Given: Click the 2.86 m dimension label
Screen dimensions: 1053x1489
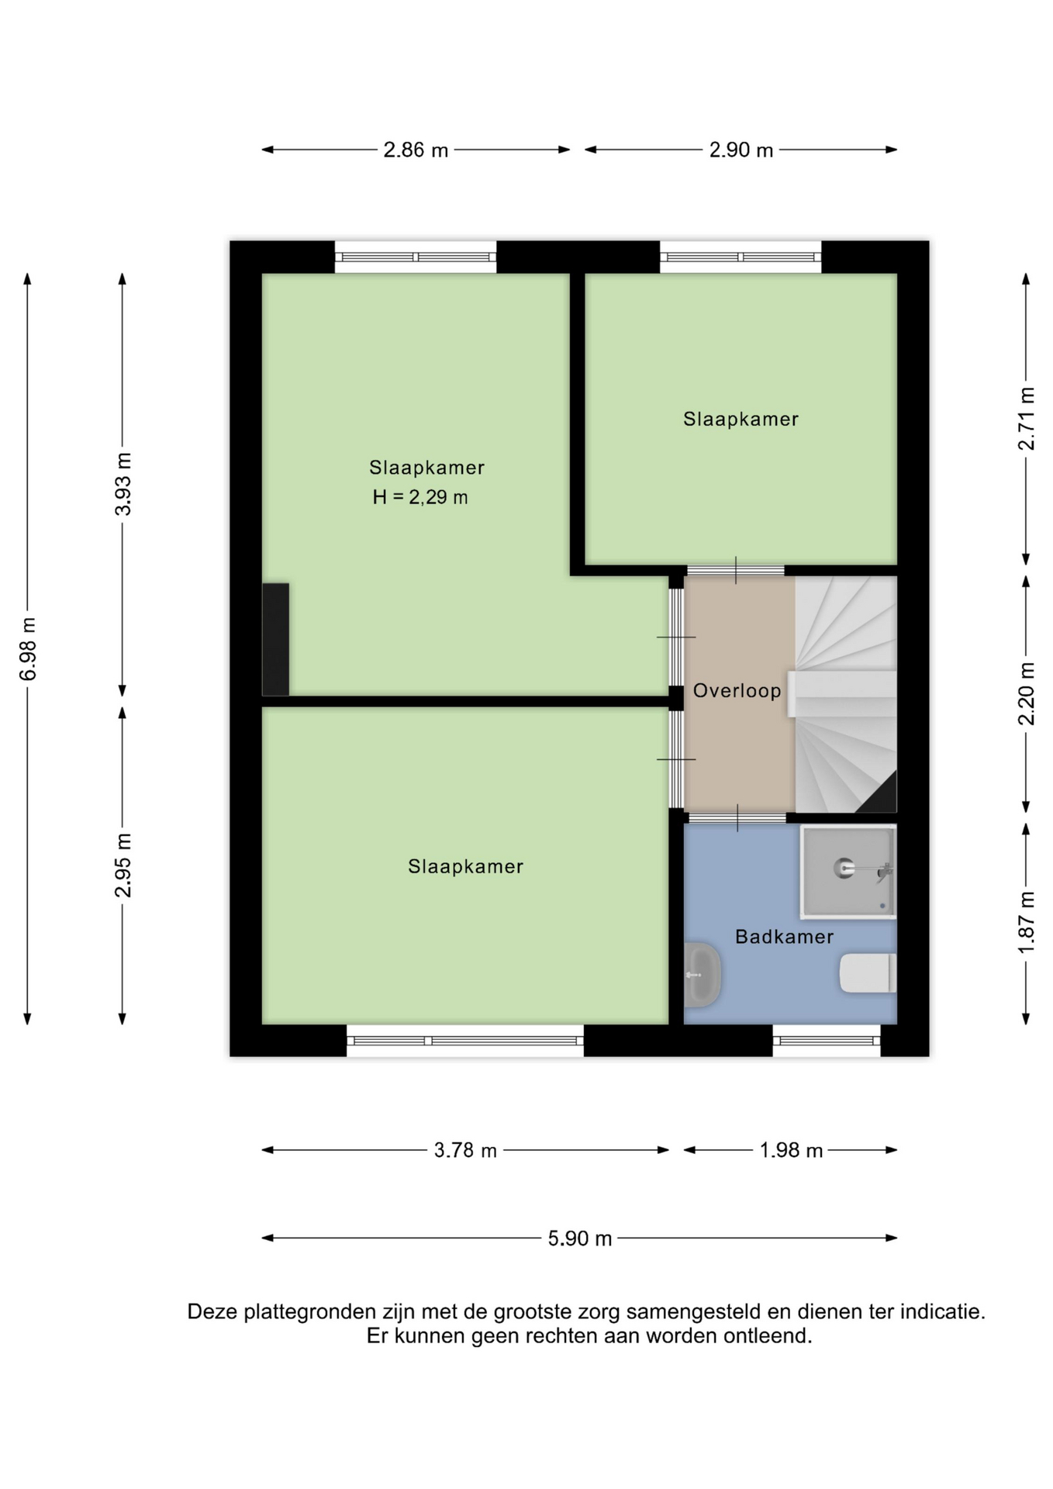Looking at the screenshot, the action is pos(416,150).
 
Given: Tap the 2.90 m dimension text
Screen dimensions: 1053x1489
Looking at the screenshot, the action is pos(741,150).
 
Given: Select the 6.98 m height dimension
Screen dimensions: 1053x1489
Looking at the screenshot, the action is pos(28,649).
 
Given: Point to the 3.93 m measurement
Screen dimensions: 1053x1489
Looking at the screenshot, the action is pos(123,484).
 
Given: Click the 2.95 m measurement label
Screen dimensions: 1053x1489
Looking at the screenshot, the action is pos(123,865).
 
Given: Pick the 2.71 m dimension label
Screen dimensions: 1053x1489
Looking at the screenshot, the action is pos(1027,418).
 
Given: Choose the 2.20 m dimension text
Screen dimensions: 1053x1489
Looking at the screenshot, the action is pos(1027,693).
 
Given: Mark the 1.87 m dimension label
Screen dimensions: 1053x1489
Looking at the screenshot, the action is pos(1027,924).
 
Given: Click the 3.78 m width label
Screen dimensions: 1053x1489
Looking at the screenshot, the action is pos(465,1150).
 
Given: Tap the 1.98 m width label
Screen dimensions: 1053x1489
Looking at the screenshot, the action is pos(791,1150).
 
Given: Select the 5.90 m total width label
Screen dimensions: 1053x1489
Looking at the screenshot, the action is pos(580,1239).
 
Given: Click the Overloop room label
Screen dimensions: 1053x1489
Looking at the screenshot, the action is pos(737,690).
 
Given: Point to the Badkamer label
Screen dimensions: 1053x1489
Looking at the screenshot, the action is pos(784,937).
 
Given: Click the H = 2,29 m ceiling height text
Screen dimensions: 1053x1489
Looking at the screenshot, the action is pos(420,497).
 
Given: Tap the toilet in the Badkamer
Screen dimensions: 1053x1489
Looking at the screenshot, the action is pos(868,973).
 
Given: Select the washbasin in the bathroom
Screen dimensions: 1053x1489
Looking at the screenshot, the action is pos(703,975).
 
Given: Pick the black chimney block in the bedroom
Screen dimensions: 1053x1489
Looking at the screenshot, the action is pos(275,640).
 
